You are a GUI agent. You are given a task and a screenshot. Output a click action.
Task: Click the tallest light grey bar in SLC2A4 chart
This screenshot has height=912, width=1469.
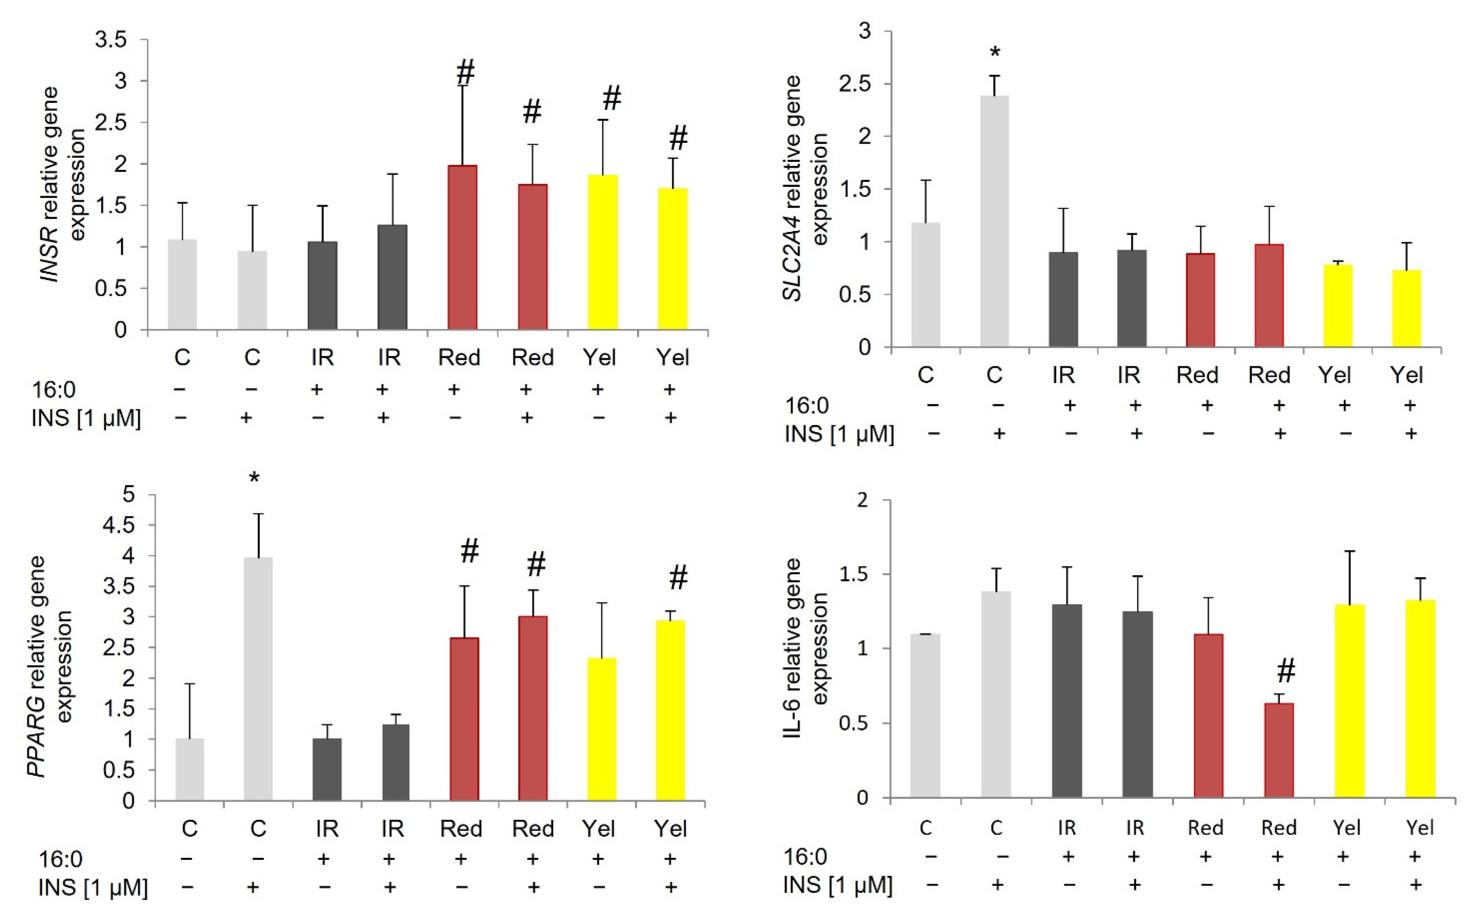coord(994,221)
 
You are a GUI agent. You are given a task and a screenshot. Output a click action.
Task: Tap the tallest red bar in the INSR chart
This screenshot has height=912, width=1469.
coord(463,247)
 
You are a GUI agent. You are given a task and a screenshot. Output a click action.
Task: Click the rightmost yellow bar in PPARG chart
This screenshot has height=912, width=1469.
coord(670,710)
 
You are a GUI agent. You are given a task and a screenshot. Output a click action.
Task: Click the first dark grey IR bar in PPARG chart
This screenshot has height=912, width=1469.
coord(327,769)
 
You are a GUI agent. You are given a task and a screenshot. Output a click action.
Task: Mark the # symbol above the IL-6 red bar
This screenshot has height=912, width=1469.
coord(1286,671)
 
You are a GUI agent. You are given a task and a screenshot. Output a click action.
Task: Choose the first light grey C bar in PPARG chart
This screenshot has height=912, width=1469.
coord(189,769)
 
